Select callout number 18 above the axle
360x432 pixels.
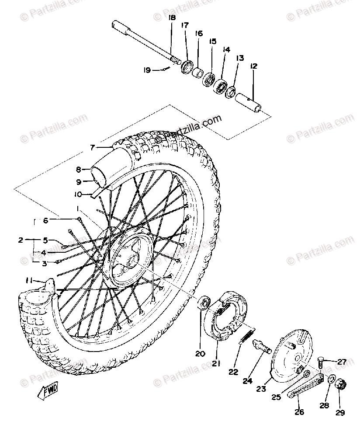[171, 18]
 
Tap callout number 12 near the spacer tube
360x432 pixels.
[253, 66]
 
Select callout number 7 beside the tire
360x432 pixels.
[92, 147]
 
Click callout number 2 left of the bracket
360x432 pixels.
[20, 240]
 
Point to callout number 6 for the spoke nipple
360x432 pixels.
[45, 221]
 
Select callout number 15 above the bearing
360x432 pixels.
[213, 42]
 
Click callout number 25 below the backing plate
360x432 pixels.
[275, 397]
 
